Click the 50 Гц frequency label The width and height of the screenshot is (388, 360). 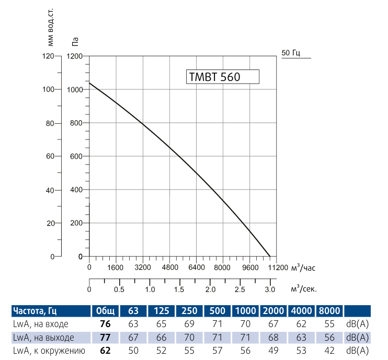pos(290,53)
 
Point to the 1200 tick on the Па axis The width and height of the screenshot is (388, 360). pos(75,56)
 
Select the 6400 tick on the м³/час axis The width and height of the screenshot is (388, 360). pos(197,268)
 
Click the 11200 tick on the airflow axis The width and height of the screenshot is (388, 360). pos(278,268)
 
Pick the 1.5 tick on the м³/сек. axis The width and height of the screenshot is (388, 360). pos(180,289)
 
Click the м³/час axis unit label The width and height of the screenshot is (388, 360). pos(303,268)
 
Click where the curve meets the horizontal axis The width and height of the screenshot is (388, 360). pos(270,257)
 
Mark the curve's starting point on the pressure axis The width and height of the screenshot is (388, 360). pos(89,83)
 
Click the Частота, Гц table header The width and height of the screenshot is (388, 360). pos(34,311)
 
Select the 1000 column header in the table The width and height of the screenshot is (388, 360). pos(246,311)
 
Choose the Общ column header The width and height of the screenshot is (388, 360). pos(105,311)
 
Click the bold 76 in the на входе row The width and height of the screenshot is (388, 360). pos(105,324)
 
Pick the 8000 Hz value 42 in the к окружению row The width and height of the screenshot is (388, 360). pos(329,350)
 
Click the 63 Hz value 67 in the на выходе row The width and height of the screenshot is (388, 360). pos(134,337)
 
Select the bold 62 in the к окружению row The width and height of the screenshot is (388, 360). pos(105,350)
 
